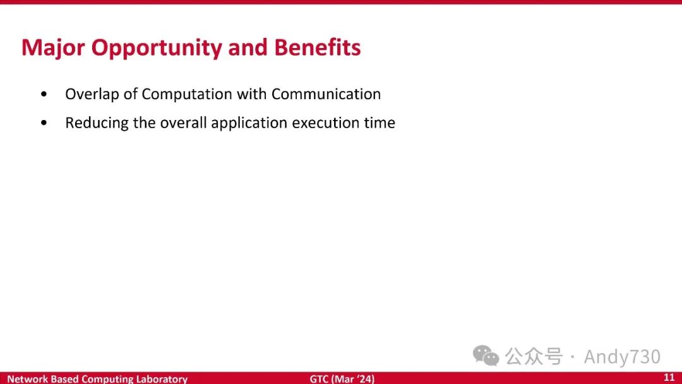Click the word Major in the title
(x=52, y=48)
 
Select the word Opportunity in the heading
(x=157, y=49)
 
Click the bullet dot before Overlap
(x=44, y=94)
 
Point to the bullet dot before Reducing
(x=44, y=123)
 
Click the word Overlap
(x=92, y=94)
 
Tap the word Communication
(x=326, y=94)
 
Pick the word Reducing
(x=97, y=123)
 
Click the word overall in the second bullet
(x=183, y=123)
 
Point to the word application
(x=249, y=123)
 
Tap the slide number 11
(x=669, y=378)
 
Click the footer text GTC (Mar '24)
(x=342, y=379)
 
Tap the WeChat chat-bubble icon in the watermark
(x=486, y=356)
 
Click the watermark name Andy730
(x=622, y=357)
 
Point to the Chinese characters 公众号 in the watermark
(x=534, y=356)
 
